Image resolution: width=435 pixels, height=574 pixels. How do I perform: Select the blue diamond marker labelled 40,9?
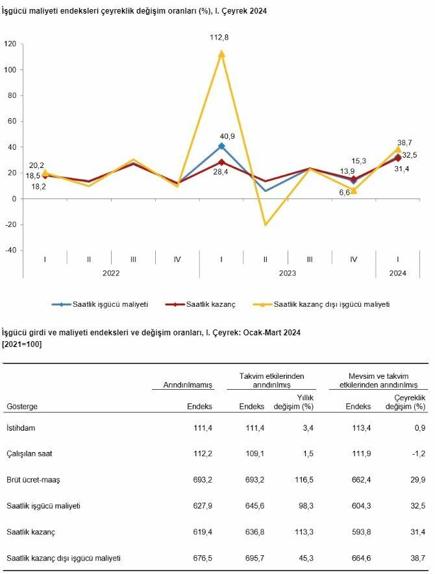221,146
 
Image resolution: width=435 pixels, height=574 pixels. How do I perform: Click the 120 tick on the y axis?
10,44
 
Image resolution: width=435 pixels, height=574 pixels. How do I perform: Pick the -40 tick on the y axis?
10,251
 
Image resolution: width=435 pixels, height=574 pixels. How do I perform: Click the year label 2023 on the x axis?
287,274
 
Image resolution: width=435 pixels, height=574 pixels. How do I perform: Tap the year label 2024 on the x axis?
398,274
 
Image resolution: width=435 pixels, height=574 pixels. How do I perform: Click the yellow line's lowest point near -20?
266,224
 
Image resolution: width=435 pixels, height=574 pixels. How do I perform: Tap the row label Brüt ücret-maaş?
32,481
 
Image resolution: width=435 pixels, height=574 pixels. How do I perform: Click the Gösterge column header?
22,407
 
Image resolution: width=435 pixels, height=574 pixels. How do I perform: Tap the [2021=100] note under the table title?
22,344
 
